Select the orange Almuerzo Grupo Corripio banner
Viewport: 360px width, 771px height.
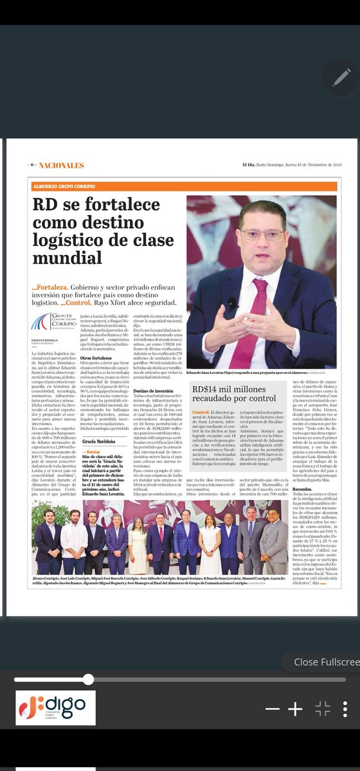[x=184, y=186]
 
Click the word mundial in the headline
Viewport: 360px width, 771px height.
[x=68, y=258]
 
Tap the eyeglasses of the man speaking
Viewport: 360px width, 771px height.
[x=262, y=235]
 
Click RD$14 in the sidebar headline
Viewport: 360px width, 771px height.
[x=206, y=389]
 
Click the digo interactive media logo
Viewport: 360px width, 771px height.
[x=55, y=709]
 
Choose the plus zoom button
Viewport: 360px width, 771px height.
[x=294, y=709]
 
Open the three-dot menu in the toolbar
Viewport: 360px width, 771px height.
[x=345, y=709]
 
